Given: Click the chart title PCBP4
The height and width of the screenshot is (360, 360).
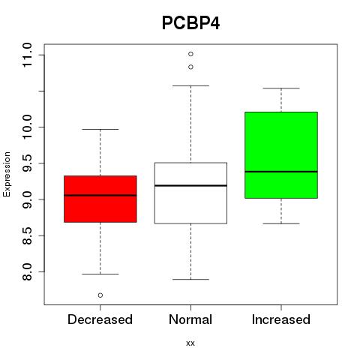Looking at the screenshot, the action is pyautogui.click(x=190, y=23).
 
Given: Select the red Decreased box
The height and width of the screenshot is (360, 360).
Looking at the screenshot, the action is pyautogui.click(x=100, y=199).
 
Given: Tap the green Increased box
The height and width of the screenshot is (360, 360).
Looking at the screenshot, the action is pyautogui.click(x=281, y=155).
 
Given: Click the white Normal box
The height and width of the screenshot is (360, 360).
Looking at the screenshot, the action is pyautogui.click(x=190, y=193).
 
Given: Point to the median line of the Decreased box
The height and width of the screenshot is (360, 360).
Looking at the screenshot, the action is pyautogui.click(x=100, y=195).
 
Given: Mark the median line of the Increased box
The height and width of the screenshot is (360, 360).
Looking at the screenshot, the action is pyautogui.click(x=281, y=172).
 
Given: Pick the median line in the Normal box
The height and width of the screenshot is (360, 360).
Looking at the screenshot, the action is pyautogui.click(x=190, y=185).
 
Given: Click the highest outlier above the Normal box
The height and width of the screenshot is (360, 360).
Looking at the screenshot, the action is pyautogui.click(x=190, y=54).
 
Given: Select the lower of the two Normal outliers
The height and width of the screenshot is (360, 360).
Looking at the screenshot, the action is pyautogui.click(x=190, y=67).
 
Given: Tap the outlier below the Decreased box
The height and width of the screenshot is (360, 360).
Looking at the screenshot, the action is pyautogui.click(x=100, y=295).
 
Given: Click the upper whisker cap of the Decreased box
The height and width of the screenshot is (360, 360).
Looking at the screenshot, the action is pyautogui.click(x=100, y=129).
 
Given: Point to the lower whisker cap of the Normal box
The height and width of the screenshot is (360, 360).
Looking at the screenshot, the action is pyautogui.click(x=190, y=279).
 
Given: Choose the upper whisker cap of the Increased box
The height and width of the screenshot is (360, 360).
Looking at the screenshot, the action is pyautogui.click(x=281, y=88).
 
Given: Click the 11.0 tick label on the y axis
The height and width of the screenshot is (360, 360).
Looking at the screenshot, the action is pyautogui.click(x=27, y=55).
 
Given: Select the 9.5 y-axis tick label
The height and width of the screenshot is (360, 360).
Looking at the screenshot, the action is pyautogui.click(x=27, y=163).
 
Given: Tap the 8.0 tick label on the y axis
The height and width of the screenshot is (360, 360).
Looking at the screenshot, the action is pyautogui.click(x=27, y=271).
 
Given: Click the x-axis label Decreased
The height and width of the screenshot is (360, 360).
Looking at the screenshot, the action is pyautogui.click(x=100, y=319).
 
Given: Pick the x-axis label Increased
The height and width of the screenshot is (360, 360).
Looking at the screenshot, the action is pyautogui.click(x=281, y=319).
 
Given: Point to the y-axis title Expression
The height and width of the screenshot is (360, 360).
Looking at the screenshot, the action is pyautogui.click(x=7, y=174).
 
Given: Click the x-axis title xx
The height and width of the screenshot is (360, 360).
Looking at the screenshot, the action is pyautogui.click(x=190, y=343).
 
